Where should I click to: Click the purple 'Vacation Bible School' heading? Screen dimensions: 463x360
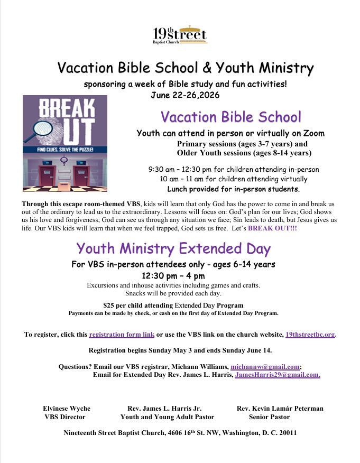click(230, 117)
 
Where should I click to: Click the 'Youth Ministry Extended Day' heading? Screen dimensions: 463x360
click(173, 248)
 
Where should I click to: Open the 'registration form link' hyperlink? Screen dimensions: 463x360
click(122, 335)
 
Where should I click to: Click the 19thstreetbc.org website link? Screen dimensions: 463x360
click(310, 335)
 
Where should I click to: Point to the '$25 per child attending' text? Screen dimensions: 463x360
click(138, 305)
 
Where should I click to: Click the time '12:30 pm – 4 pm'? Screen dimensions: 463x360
click(173, 275)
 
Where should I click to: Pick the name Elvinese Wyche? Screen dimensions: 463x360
click(67, 409)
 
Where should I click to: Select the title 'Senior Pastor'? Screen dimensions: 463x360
click(269, 417)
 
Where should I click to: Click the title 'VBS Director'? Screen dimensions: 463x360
click(65, 417)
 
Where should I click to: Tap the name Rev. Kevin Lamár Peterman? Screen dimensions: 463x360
click(280, 409)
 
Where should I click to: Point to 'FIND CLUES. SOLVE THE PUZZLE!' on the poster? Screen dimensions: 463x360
click(65, 150)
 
